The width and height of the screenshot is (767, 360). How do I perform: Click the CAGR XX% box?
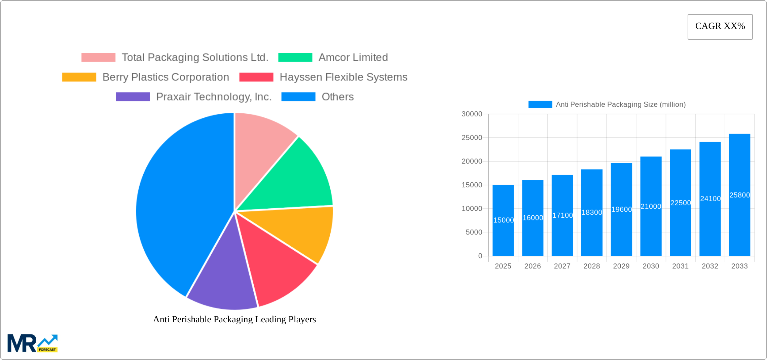point(720,27)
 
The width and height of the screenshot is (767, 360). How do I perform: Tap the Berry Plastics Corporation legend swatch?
point(79,77)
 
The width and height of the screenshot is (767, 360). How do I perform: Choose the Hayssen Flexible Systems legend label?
point(343,77)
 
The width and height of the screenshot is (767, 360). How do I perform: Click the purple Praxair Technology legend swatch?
point(133,97)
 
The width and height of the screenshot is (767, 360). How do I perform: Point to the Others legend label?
point(337,97)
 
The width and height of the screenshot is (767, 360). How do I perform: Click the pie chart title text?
point(234,319)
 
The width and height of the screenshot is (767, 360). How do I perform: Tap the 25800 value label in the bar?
point(739,195)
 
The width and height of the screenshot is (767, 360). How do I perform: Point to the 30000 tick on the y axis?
point(472,114)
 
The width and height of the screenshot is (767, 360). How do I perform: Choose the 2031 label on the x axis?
point(680,266)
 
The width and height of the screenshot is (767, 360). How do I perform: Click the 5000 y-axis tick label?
point(474,232)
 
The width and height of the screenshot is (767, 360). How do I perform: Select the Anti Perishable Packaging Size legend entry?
point(607,105)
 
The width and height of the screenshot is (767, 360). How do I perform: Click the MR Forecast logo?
point(32,343)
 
